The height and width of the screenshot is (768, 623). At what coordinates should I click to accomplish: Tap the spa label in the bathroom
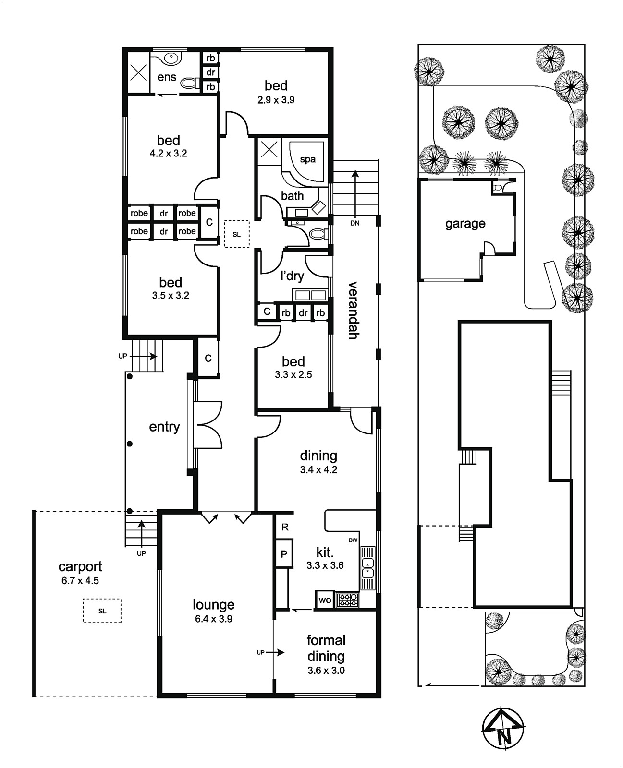coord(308,159)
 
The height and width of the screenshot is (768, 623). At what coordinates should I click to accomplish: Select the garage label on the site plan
coord(465,224)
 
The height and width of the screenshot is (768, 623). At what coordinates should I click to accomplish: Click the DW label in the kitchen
coord(353,540)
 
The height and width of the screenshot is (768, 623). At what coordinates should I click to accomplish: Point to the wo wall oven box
coord(325,600)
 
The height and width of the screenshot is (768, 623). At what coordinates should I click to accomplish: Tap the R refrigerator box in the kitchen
coord(285,527)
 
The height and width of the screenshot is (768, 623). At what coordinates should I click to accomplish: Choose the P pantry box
coord(284,554)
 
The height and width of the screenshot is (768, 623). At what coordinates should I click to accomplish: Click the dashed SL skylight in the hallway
coord(237,234)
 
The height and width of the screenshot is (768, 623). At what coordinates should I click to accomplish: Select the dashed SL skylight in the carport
coord(102,611)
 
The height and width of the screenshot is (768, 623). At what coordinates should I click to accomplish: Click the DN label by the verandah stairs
coord(354,223)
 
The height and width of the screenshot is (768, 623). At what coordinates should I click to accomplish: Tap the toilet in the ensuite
coord(190,84)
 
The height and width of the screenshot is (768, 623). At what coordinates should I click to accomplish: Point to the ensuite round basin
coord(170,58)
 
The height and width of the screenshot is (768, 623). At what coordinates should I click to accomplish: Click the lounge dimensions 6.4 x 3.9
coord(214,619)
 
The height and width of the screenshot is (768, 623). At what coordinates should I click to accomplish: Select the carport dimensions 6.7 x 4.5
coord(80,581)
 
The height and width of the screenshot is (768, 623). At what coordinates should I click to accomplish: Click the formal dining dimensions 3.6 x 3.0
coord(326,671)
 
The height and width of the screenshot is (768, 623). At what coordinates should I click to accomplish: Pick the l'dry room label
coord(292,276)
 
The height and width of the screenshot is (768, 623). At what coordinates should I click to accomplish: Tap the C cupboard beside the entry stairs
coord(208,358)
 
